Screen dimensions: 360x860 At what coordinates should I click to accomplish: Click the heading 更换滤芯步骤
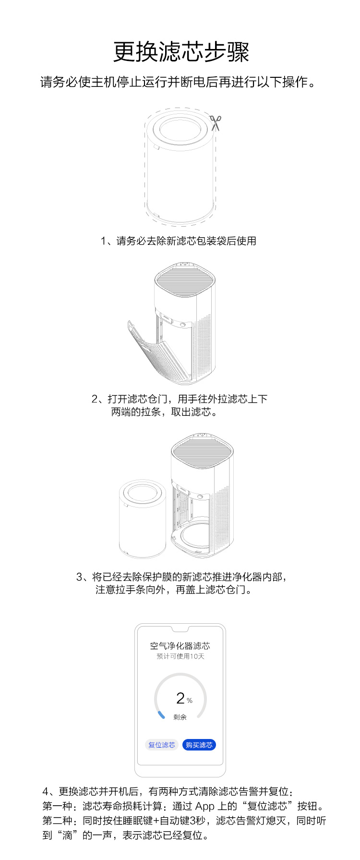click(x=181, y=52)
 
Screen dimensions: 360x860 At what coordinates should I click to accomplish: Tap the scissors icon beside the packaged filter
click(x=216, y=122)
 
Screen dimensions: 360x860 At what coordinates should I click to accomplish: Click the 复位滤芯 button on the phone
click(x=162, y=745)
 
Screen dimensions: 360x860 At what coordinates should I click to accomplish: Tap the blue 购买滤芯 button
click(x=199, y=745)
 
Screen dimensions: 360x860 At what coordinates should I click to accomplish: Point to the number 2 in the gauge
click(x=180, y=698)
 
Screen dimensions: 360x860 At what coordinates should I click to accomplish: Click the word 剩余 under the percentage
click(x=180, y=717)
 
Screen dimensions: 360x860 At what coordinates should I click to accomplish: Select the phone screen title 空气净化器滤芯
click(x=180, y=646)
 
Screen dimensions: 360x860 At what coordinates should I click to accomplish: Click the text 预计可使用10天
click(x=180, y=656)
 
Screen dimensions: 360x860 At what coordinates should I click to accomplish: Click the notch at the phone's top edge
click(x=180, y=629)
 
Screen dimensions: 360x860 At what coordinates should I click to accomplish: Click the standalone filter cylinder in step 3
click(x=142, y=518)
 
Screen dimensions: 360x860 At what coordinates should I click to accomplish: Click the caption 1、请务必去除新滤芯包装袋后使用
click(x=178, y=241)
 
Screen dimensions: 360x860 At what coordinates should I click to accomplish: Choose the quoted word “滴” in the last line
click(x=67, y=836)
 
